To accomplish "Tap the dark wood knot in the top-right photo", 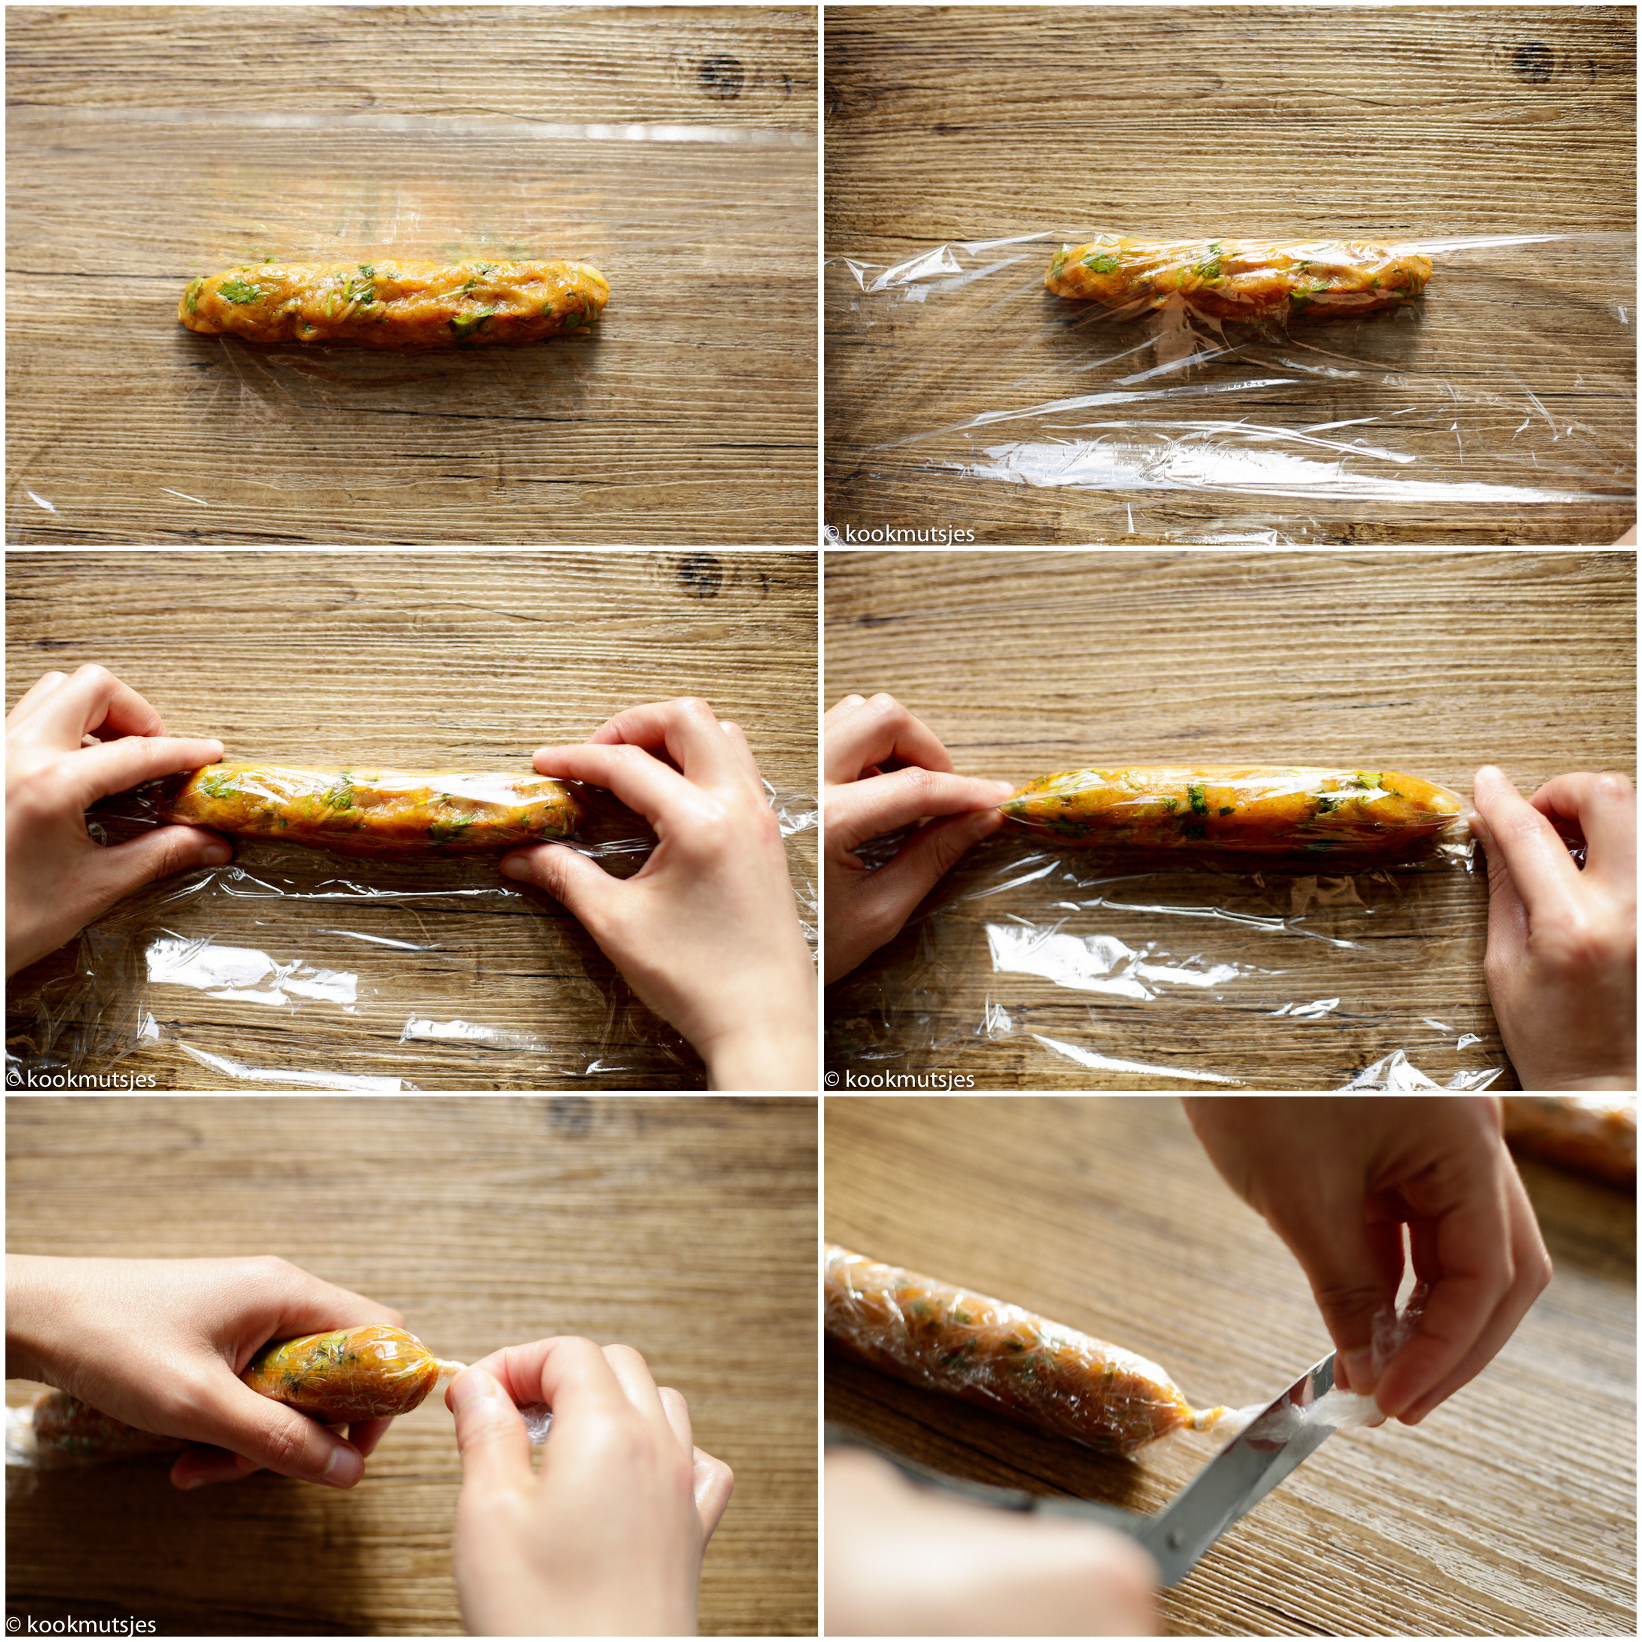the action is click(x=1534, y=61).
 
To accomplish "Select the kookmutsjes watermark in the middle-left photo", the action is click(x=81, y=1079).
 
